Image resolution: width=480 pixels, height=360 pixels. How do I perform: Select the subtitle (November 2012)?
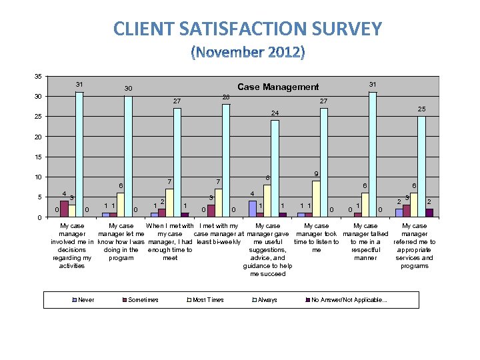247,51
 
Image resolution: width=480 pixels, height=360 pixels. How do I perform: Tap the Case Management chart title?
278,87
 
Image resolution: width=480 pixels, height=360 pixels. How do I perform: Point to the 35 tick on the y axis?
37,77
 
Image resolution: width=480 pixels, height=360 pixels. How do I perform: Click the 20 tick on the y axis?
37,137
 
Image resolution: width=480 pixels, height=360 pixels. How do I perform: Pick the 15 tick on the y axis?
37,157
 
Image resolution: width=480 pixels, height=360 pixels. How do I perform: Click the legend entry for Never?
85,300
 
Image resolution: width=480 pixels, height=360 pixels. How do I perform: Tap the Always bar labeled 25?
421,167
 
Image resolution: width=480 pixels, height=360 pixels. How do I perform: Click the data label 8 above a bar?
267,178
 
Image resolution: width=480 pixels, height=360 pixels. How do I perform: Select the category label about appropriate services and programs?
414,246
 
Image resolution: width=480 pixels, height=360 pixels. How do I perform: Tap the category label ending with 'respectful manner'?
365,242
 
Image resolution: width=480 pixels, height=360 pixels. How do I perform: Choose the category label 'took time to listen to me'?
317,238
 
